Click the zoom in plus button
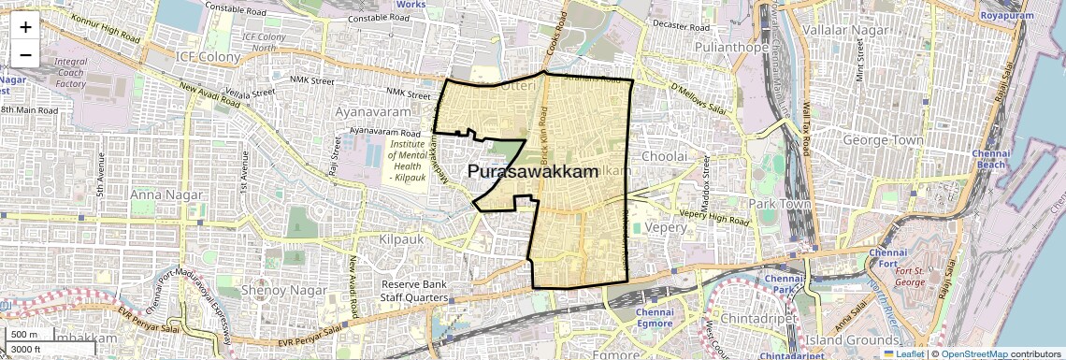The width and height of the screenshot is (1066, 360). click(x=25, y=26)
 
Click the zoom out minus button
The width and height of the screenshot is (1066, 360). click(x=25, y=54)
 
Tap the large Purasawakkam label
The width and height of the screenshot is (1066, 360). click(x=532, y=171)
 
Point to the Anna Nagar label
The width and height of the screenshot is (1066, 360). click(x=160, y=194)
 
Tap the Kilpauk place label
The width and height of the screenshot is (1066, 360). click(x=402, y=239)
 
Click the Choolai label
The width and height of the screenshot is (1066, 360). click(x=665, y=156)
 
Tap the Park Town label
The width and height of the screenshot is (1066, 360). click(x=777, y=203)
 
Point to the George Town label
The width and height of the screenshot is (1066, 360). click(x=884, y=140)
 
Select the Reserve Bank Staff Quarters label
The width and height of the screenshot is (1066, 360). click(x=413, y=291)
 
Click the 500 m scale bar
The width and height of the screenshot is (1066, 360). click(x=26, y=335)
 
